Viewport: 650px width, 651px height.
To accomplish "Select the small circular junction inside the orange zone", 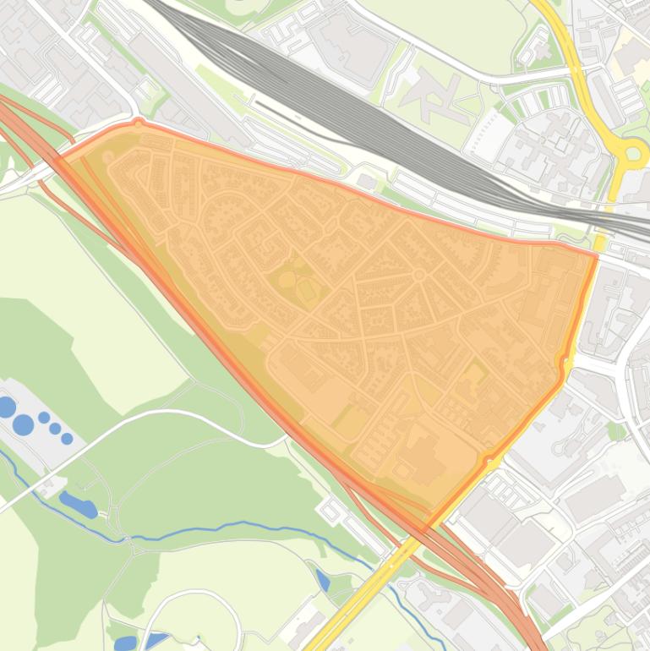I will (418, 275).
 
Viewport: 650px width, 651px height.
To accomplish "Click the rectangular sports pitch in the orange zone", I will (307, 293).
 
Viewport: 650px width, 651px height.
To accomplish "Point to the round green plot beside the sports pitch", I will (287, 279).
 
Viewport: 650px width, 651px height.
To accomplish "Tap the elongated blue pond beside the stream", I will (78, 506).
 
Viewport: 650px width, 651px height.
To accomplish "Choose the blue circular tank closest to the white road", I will (67, 438).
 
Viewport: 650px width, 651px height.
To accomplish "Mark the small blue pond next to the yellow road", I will (323, 580).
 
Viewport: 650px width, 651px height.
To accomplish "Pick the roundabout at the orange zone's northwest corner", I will (139, 123).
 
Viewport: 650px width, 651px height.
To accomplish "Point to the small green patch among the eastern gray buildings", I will (617, 431).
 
